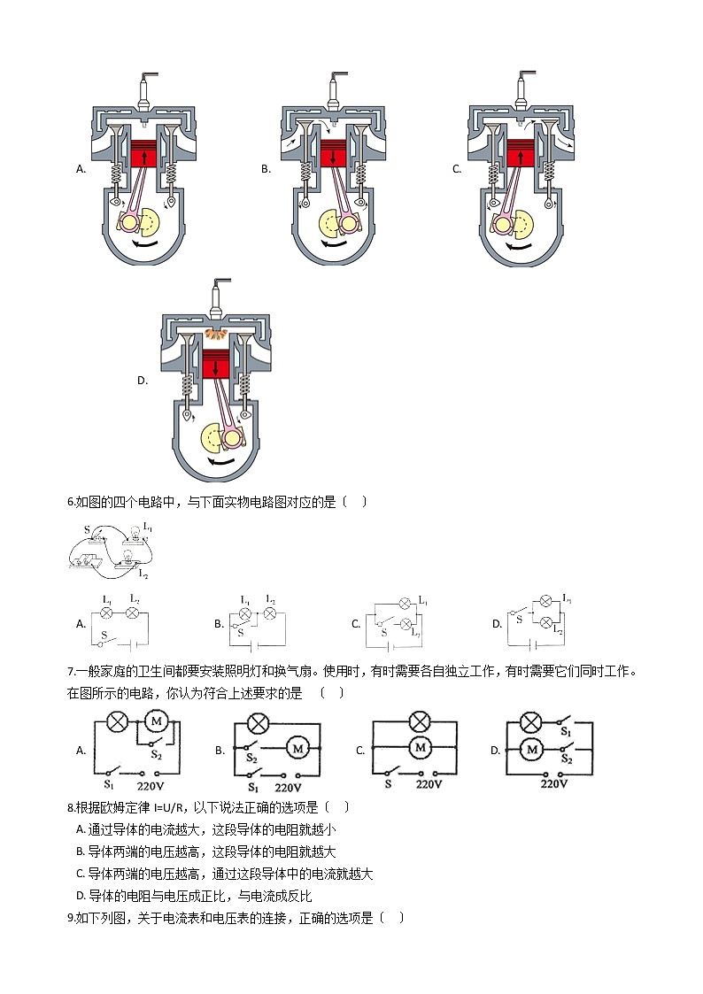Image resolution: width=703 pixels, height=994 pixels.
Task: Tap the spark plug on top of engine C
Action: coord(522,89)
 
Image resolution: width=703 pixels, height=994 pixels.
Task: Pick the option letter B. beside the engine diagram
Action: coord(266,168)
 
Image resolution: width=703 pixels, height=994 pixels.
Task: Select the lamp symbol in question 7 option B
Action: coord(258,724)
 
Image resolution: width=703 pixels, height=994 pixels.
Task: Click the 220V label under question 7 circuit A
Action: coord(154,784)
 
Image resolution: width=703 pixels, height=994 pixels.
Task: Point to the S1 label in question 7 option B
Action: coord(252,786)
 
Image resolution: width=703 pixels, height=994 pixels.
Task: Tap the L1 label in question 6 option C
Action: coord(423,601)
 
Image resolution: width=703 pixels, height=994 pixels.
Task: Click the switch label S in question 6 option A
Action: coord(105,635)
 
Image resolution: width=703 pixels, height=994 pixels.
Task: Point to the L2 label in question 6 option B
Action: coord(271,600)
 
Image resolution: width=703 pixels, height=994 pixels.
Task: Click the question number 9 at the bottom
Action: coord(71,918)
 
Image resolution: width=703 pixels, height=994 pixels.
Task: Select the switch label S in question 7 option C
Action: coord(387,784)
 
